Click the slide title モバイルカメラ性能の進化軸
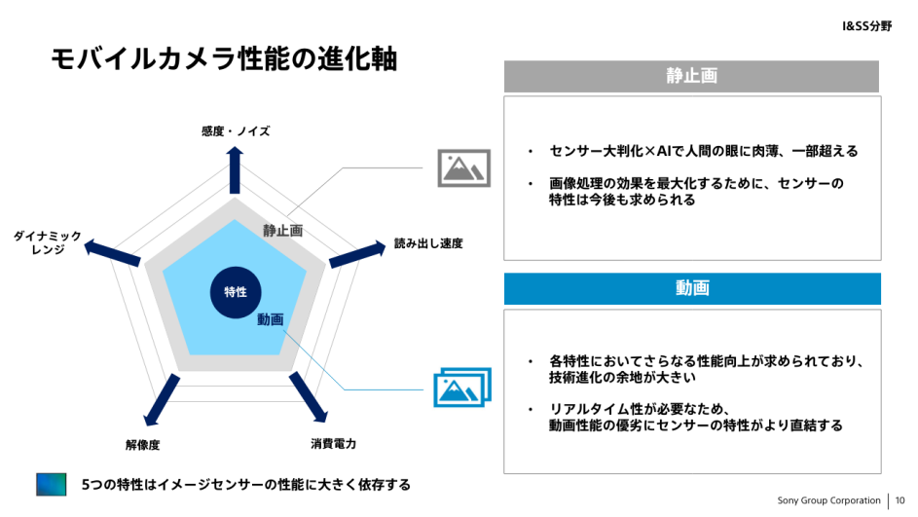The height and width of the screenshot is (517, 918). click(x=224, y=58)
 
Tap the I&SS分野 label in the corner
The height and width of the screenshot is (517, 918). click(x=866, y=25)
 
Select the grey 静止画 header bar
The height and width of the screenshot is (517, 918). click(x=691, y=76)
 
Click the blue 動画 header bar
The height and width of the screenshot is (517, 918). click(x=692, y=288)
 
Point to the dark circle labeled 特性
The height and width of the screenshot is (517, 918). click(x=236, y=292)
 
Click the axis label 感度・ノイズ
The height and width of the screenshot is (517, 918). click(x=236, y=131)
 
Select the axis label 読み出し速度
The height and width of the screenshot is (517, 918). click(x=428, y=243)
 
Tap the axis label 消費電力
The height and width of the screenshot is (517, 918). click(x=333, y=444)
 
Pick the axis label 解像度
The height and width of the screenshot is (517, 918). click(x=142, y=445)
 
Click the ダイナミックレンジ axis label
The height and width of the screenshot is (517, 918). click(x=48, y=242)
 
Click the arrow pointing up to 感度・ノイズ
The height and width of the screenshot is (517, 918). click(x=235, y=169)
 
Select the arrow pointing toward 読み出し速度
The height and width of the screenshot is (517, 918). click(x=357, y=254)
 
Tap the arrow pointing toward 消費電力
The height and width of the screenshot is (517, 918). click(x=309, y=397)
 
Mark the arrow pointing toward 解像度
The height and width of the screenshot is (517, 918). click(x=162, y=399)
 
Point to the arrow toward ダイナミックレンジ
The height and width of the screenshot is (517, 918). click(x=112, y=253)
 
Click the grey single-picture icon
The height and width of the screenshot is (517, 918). click(x=463, y=168)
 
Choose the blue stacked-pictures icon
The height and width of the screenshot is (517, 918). click(x=462, y=387)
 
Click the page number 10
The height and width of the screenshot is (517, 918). click(x=900, y=500)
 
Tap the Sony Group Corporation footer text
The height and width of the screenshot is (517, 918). click(x=828, y=500)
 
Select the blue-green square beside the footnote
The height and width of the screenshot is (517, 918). click(x=52, y=484)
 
